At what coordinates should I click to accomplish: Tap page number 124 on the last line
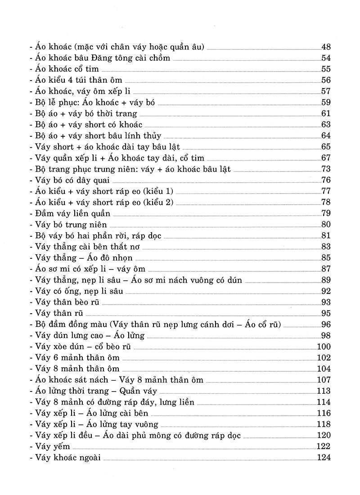324,457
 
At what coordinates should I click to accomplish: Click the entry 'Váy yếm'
47,446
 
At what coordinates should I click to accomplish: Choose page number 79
326,213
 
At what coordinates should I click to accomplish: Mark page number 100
324,346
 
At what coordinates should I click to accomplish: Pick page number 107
324,380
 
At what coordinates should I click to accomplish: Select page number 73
326,169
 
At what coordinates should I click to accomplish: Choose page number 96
326,324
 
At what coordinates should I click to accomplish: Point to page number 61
326,113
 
